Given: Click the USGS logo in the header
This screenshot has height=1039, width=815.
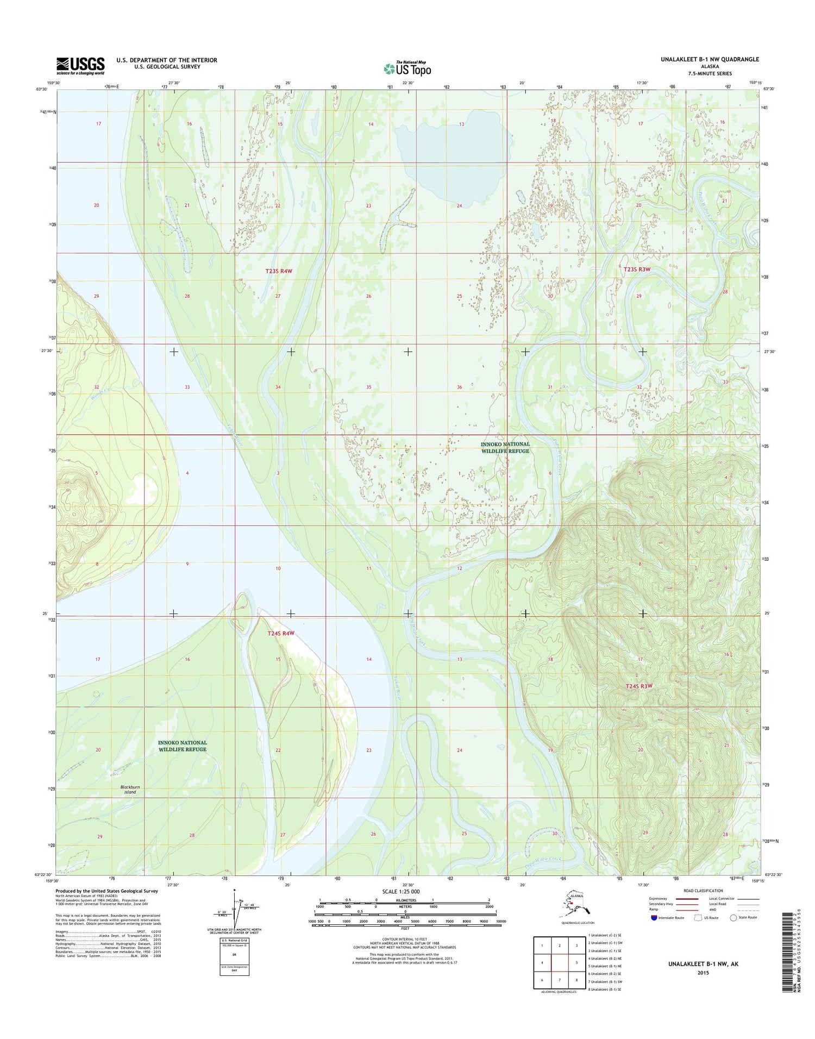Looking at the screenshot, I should click(80, 66).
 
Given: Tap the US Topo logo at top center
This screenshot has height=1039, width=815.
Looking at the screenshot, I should click(407, 68).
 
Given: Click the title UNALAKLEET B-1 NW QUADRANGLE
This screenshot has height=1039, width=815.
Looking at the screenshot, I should click(710, 59).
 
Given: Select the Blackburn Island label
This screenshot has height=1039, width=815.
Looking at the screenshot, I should click(129, 789).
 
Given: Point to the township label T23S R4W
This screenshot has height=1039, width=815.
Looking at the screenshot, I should click(279, 271).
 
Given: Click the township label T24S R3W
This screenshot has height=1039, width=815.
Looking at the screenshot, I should click(638, 686).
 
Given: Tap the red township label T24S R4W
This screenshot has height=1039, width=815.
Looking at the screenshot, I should click(280, 634).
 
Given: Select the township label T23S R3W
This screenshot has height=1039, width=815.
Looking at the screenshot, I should click(637, 269).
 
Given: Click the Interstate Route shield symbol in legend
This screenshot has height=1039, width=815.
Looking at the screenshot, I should click(654, 918).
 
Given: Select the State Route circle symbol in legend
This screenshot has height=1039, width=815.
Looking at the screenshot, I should click(733, 918).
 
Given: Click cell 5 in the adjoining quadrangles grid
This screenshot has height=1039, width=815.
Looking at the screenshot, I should click(577, 963).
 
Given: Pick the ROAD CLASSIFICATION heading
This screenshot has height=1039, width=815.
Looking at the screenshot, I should click(704, 891).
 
